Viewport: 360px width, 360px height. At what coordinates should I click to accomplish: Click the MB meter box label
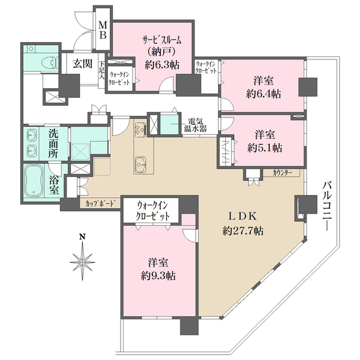coord(103,30)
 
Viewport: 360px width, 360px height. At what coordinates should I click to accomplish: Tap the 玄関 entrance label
coord(83,64)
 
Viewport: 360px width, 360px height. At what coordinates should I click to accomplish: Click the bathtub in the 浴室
coord(34,181)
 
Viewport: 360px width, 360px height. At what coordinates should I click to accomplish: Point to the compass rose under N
coord(82,262)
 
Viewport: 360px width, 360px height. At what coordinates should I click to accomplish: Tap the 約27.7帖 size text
coord(243,231)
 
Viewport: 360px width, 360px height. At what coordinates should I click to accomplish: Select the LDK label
coord(242,216)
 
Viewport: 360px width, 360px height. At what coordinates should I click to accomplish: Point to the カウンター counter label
coord(282,173)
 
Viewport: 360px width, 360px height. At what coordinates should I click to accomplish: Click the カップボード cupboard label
coord(100,203)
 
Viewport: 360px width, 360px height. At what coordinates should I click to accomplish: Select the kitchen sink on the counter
coord(140,164)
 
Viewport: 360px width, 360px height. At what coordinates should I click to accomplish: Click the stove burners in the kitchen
coord(140,129)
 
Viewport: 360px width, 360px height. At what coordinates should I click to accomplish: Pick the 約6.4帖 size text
coord(263,94)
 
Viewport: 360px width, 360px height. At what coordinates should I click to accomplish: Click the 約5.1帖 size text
coord(265,148)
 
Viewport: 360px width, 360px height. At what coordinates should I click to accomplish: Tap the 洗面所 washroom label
coord(53,143)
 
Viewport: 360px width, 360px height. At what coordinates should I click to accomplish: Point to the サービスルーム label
coord(162,40)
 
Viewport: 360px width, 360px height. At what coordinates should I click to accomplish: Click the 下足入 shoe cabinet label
coord(101,70)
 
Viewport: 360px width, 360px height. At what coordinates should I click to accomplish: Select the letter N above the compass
coord(82,237)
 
